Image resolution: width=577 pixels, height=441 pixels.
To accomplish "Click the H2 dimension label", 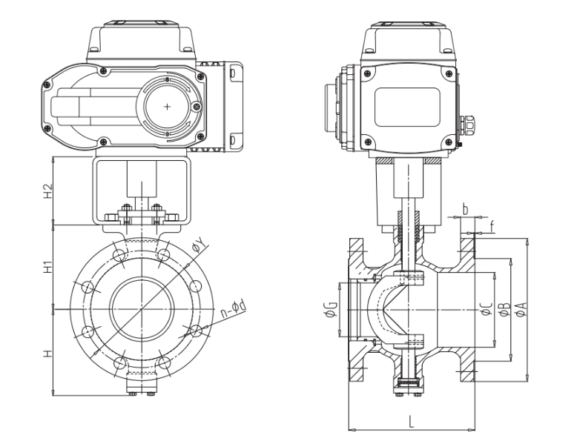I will [45, 190].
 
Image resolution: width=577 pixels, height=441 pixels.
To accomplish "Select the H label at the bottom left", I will [45, 354].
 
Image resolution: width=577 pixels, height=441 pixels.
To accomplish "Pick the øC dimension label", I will [484, 310].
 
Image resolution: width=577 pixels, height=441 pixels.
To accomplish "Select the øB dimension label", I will [504, 310].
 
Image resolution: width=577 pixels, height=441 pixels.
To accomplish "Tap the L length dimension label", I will [410, 422].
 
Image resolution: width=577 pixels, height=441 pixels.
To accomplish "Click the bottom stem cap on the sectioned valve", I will [406, 382].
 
